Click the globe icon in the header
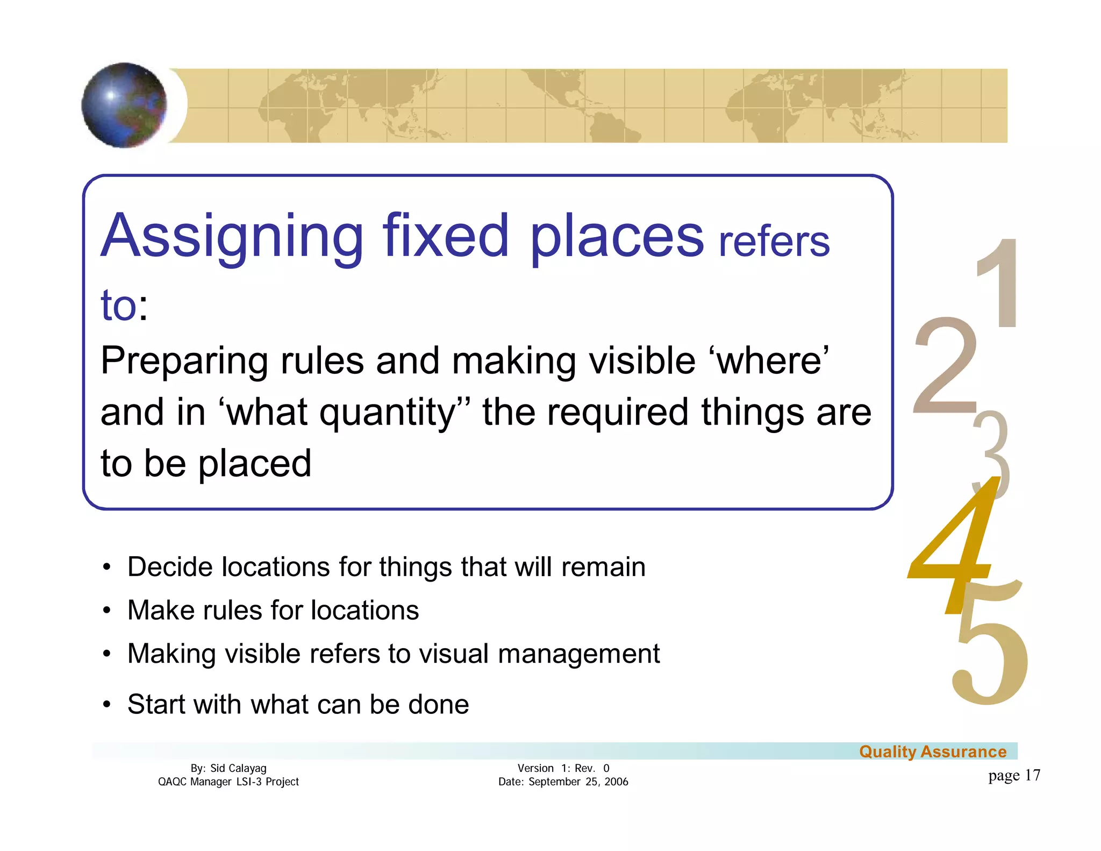124,105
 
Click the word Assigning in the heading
232,237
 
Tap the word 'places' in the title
616,237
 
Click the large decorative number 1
999,283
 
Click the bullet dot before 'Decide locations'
108,567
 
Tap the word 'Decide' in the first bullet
170,567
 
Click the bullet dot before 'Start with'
108,705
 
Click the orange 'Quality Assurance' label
933,751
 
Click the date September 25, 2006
578,782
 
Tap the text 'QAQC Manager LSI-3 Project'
228,782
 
